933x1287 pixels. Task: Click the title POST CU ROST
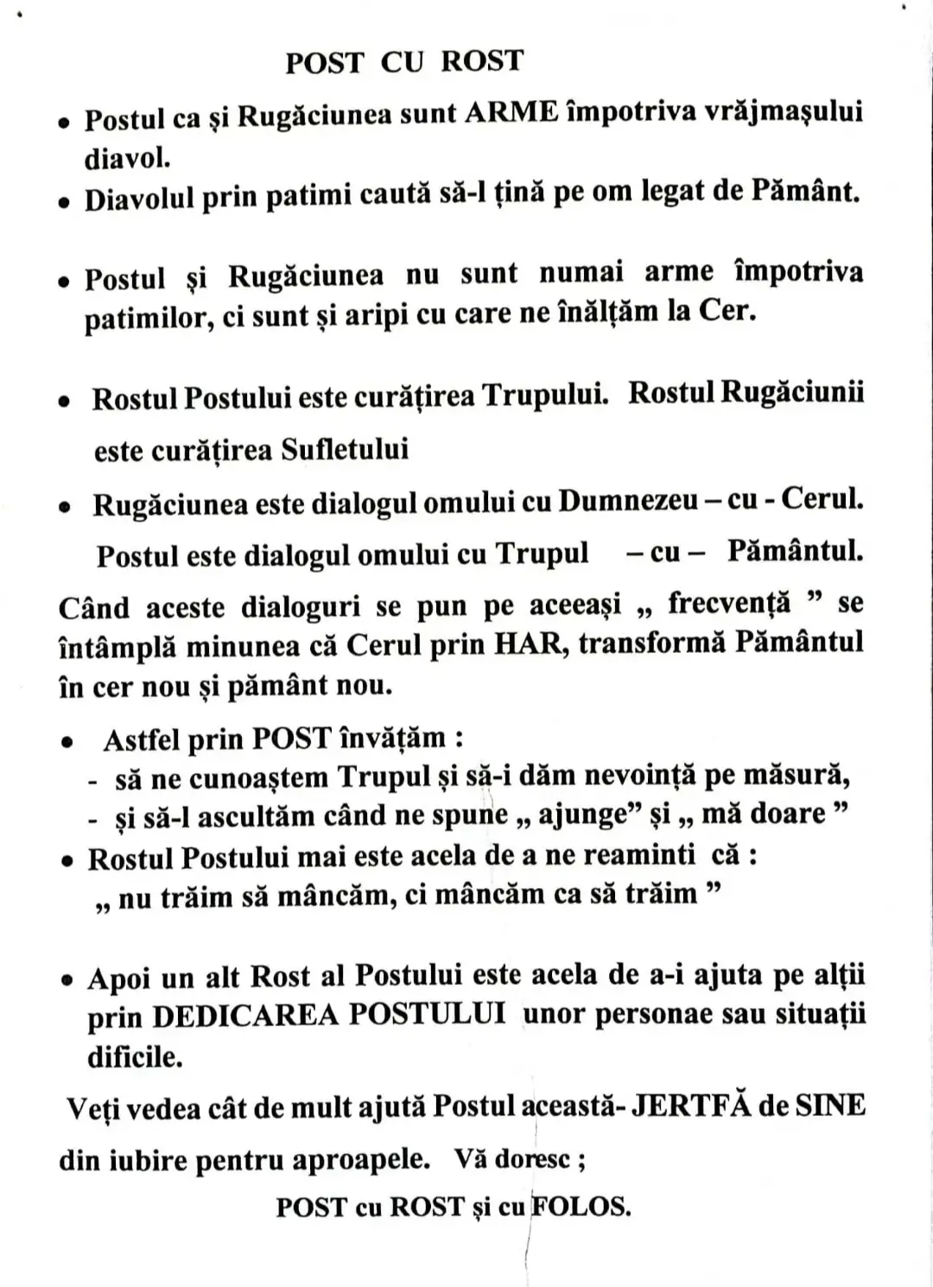(x=404, y=61)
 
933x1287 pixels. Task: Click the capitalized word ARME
(x=512, y=113)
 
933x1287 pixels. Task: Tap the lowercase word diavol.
(x=126, y=158)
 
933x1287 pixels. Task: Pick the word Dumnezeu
(x=628, y=501)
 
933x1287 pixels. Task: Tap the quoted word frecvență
(x=728, y=603)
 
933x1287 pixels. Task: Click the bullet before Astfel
(x=66, y=742)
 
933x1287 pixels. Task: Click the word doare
(x=788, y=813)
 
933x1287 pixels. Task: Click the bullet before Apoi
(x=66, y=982)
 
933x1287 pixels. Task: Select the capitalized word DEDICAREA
(x=245, y=1015)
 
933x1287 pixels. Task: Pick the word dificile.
(x=134, y=1056)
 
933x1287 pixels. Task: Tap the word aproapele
(x=361, y=1159)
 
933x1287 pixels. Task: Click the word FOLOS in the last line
(x=581, y=1206)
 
